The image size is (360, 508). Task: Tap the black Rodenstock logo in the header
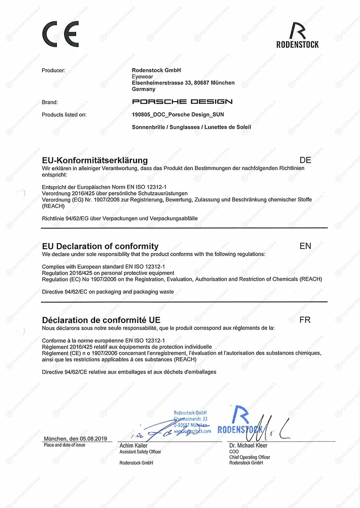297,35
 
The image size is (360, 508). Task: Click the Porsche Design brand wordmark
182,102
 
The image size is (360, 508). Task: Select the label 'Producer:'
54,70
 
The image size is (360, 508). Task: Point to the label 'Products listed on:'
64,114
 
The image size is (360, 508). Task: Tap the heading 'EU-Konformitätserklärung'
95,160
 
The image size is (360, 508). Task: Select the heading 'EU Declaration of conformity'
100,246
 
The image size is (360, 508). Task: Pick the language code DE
305,160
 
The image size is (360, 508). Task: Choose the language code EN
305,246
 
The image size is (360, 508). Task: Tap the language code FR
305,320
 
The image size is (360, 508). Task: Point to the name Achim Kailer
134,445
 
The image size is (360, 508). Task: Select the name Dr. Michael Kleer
248,445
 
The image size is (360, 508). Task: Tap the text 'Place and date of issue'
64,445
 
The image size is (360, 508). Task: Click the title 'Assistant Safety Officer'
140,452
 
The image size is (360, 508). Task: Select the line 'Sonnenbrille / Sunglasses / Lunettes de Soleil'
192,127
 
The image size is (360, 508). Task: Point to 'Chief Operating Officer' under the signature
250,457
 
